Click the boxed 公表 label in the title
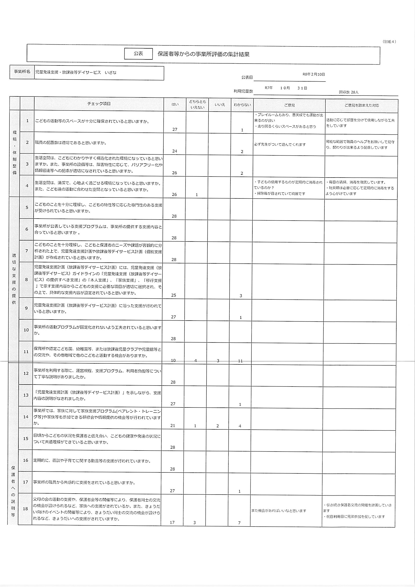click(138, 54)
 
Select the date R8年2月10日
click(314, 74)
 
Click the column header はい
click(175, 105)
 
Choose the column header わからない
click(242, 105)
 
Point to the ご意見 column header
click(289, 105)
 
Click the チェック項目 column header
click(99, 103)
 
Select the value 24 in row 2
click(175, 151)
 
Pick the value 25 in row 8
click(173, 295)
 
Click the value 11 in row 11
click(240, 361)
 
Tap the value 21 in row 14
click(172, 426)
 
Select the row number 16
click(26, 460)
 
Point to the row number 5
click(27, 207)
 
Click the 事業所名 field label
click(22, 72)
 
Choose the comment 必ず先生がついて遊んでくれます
click(280, 145)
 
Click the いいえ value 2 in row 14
click(218, 426)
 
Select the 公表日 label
click(247, 77)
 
